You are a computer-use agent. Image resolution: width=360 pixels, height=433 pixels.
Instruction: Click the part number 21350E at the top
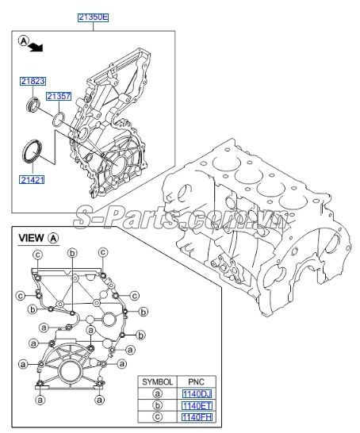coord(94,16)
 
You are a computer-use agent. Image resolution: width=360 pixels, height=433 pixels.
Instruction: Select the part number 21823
coord(33,81)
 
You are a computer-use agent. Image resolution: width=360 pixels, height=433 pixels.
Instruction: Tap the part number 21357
coord(58,97)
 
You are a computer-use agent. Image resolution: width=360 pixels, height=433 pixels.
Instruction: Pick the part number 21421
coord(33,180)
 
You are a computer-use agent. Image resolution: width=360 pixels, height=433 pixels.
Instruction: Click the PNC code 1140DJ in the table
coord(197,393)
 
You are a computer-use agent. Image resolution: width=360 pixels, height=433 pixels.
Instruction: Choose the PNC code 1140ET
coord(197,405)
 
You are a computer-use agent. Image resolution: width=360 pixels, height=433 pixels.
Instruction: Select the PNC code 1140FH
coord(197,417)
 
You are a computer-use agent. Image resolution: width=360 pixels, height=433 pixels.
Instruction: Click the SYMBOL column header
coord(158,381)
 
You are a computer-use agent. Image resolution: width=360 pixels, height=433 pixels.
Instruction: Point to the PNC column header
coord(197,381)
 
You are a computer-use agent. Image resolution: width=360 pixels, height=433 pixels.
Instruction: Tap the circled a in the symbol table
coord(158,393)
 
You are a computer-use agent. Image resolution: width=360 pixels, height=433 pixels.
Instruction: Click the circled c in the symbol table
coord(158,417)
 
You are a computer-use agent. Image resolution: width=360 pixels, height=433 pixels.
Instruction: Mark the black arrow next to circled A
coord(36,48)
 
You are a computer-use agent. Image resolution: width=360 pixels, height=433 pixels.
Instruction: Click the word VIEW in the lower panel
coord(31,237)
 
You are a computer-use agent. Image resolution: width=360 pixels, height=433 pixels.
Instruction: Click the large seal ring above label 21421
coord(33,151)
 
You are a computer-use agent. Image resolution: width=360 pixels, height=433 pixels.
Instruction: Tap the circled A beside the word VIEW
coord(53,237)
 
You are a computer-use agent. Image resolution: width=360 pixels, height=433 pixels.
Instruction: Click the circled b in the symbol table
coord(158,405)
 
